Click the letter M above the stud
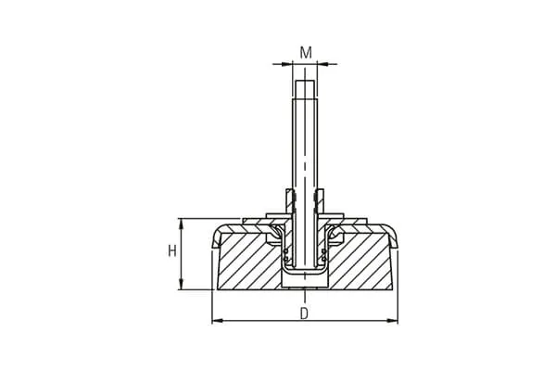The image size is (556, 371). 306,53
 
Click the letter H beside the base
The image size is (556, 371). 172,251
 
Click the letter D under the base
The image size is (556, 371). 304,313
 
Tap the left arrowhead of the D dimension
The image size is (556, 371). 217,321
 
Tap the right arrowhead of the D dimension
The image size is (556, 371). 393,321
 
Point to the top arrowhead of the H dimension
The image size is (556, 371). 182,224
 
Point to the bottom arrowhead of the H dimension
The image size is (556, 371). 182,285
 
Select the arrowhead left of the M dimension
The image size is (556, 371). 287,64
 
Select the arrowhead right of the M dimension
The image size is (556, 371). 322,64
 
